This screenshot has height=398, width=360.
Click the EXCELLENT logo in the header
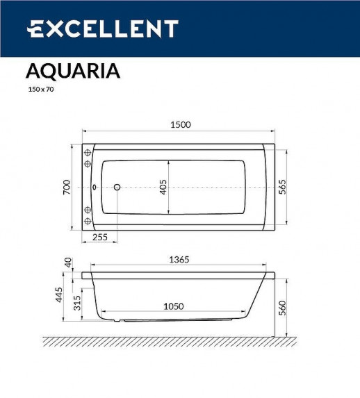[102, 28]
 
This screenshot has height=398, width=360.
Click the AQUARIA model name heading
[73, 72]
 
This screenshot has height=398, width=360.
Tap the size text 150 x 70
[40, 90]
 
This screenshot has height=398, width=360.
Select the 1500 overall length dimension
[180, 124]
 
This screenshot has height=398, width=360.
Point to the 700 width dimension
[67, 188]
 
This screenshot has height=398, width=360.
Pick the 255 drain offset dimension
[99, 237]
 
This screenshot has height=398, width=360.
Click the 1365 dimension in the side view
[179, 259]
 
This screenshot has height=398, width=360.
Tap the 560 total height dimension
[282, 307]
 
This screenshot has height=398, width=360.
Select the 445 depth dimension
[59, 295]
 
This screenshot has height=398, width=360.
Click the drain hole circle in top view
[117, 188]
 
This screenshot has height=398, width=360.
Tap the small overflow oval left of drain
[95, 188]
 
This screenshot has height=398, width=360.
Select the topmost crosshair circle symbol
[88, 153]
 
